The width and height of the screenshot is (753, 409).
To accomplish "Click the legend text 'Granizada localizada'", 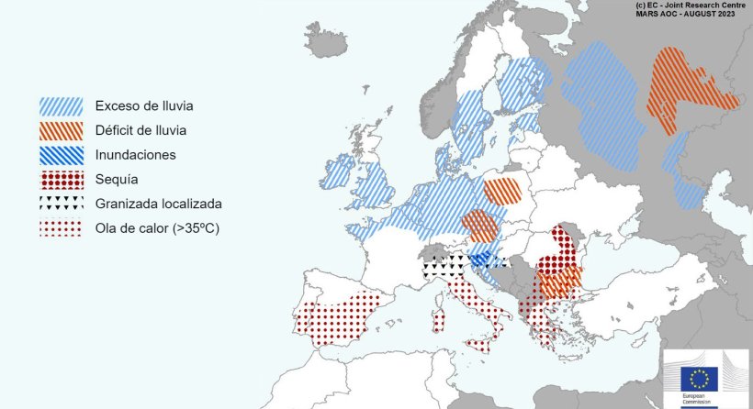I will pos(158,204).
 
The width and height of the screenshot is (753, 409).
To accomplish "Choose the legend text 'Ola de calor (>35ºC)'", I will pos(157,228).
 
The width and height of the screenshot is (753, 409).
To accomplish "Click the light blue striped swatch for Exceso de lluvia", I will pos(61,106).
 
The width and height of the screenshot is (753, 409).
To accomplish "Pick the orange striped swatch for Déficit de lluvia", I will pos(61,131).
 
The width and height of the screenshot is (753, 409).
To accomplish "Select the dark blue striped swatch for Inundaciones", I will pos(61,155).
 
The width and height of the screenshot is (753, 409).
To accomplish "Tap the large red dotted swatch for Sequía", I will pos(61,180).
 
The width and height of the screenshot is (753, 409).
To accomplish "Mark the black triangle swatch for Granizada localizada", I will pos(61,204).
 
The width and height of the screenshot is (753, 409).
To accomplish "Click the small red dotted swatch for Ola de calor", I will pos(61,228).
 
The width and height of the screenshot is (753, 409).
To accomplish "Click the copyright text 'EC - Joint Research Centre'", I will pos(688,6).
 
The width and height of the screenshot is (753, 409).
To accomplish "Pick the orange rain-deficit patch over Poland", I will pos(502,191).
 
